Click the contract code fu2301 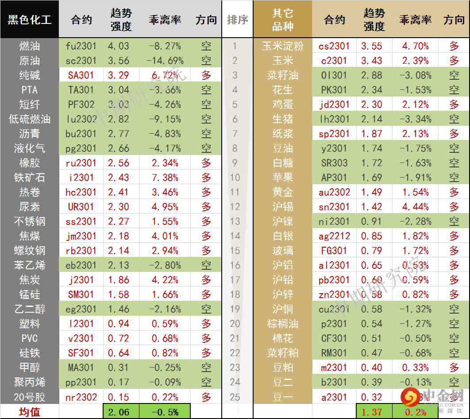[x=81, y=46]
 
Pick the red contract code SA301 [x=81, y=75]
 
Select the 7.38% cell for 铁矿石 [x=165, y=178]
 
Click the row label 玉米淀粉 [x=282, y=46]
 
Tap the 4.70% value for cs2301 [x=415, y=46]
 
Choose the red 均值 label [x=29, y=412]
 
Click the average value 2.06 [x=119, y=412]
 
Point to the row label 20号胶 [x=29, y=397]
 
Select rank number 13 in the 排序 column [x=235, y=221]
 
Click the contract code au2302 [x=334, y=192]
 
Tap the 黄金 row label [x=282, y=192]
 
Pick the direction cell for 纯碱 [x=206, y=75]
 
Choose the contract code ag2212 [x=334, y=236]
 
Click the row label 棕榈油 [x=282, y=324]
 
